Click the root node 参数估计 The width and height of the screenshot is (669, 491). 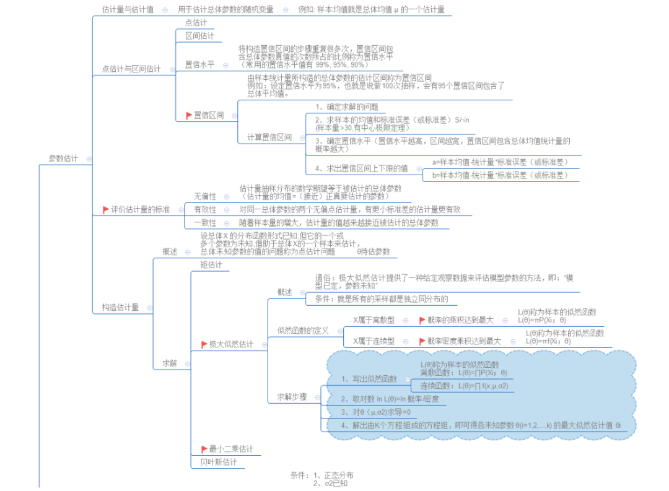[63, 159]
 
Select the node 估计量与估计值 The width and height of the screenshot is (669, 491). [128, 10]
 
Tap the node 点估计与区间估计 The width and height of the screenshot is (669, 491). [131, 69]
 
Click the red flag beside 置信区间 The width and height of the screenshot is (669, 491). [190, 116]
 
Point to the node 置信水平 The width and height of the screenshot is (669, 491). [199, 64]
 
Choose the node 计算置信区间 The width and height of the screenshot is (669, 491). [269, 137]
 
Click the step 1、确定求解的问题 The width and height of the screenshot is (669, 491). [346, 106]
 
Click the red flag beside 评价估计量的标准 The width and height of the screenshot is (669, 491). [106, 210]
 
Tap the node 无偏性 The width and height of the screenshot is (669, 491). [205, 196]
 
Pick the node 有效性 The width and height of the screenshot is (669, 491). [205, 209]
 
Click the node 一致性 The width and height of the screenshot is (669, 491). [205, 223]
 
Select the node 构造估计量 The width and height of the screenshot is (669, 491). [120, 307]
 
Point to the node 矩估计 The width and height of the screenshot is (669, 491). [211, 265]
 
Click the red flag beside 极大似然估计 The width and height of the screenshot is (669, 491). [204, 344]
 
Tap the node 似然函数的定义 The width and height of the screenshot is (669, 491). [303, 330]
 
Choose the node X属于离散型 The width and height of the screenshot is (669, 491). [374, 320]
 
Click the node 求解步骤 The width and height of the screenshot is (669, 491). [292, 397]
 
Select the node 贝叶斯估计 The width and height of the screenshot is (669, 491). [214, 462]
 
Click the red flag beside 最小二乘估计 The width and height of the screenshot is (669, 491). [204, 449]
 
